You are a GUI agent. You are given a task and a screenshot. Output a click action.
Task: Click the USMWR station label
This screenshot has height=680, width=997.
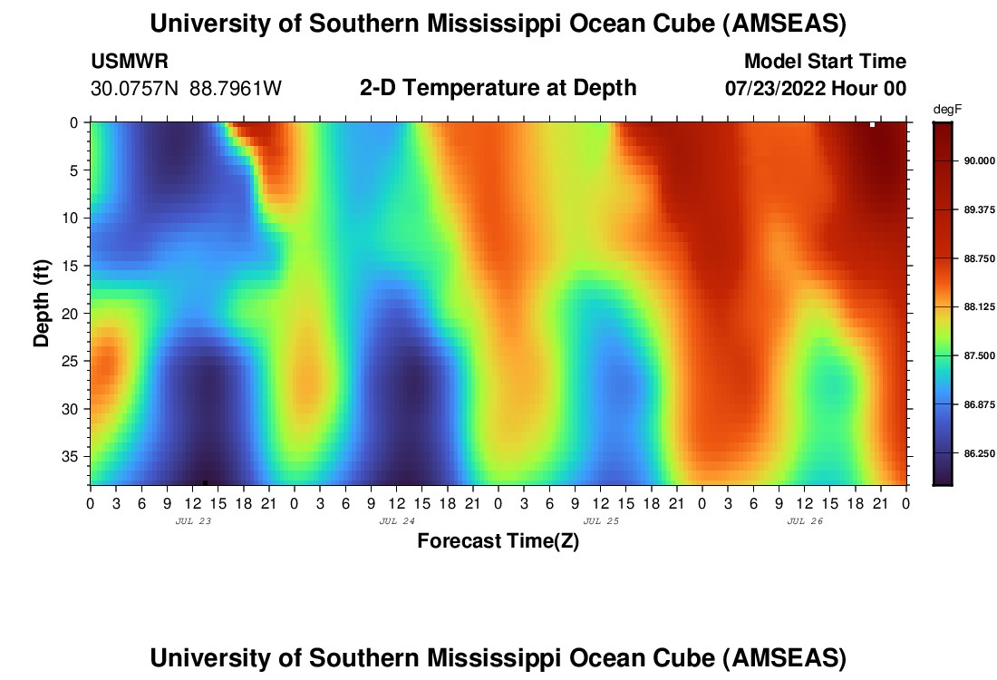130,62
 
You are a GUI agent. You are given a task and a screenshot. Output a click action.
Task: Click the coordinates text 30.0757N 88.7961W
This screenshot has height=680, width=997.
187,89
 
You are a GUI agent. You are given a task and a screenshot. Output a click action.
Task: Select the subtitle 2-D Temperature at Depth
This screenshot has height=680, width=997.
498,88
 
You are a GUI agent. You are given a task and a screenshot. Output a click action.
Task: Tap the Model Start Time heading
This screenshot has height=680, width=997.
824,62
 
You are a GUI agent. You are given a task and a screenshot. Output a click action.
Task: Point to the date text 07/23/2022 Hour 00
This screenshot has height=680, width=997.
816,89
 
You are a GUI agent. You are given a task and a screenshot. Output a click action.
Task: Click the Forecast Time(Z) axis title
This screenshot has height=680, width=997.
498,541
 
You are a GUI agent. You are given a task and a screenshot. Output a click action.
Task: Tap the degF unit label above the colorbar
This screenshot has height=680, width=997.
946,110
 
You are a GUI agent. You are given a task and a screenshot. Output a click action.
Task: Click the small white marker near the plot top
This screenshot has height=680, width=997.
872,124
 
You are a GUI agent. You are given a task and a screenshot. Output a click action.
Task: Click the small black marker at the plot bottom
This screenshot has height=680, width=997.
206,481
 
